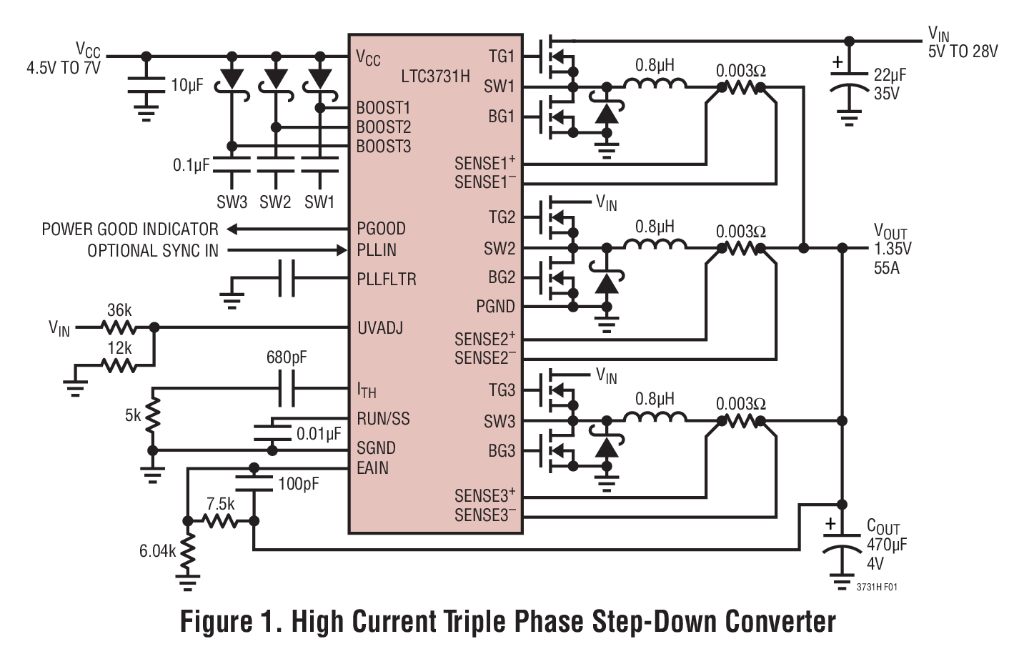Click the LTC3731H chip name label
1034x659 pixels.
(x=435, y=76)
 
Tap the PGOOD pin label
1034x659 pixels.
(x=381, y=229)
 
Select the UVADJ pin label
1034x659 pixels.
(x=379, y=328)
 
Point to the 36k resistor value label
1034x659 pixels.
(x=119, y=310)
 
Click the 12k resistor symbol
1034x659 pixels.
(x=119, y=365)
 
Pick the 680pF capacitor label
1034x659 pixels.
(x=287, y=357)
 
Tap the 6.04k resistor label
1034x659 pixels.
(x=157, y=551)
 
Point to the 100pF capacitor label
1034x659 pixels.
(x=299, y=484)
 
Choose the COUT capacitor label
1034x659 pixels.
(x=883, y=527)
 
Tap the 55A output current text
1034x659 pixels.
(x=887, y=269)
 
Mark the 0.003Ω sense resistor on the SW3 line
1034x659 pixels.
(x=741, y=422)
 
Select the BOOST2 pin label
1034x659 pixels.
(x=384, y=127)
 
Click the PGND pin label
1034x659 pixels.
(x=495, y=307)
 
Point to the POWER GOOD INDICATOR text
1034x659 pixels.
(x=130, y=229)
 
